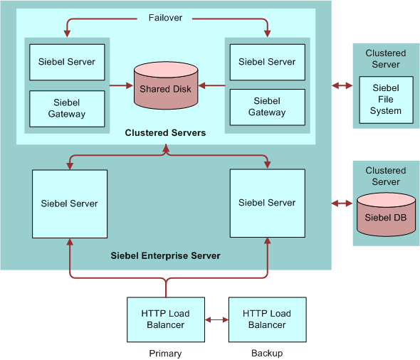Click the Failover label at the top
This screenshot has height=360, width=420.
tap(167, 18)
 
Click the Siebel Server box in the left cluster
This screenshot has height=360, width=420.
tap(67, 62)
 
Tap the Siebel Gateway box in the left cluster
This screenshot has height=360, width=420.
tap(67, 108)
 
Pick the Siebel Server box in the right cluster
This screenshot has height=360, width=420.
tap(267, 62)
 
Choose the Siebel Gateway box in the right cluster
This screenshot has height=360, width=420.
tap(267, 107)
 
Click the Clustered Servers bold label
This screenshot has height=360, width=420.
tap(165, 133)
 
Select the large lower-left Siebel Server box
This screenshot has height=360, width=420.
tap(69, 203)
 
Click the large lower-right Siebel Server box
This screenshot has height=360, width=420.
tap(267, 203)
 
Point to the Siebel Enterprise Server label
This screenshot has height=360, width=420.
tap(165, 255)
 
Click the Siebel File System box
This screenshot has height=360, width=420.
tap(385, 100)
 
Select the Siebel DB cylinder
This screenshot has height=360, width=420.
tap(385, 215)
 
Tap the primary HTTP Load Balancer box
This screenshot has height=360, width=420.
tap(166, 319)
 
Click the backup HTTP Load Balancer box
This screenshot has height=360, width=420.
tap(267, 319)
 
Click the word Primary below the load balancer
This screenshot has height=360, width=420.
tap(165, 354)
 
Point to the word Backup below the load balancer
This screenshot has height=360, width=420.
tap(267, 354)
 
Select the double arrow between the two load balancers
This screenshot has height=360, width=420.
tap(216, 319)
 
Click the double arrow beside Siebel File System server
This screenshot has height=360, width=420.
tap(342, 85)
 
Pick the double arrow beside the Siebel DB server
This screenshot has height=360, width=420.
tap(342, 203)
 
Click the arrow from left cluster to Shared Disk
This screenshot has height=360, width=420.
tap(121, 85)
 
